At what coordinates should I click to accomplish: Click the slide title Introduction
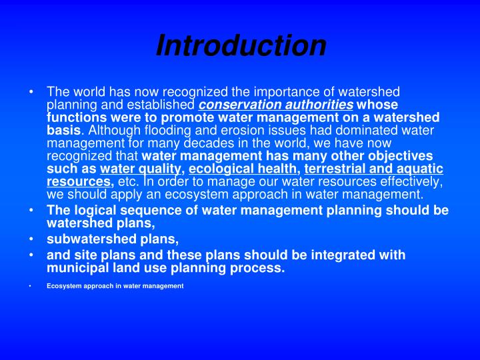tap(241, 45)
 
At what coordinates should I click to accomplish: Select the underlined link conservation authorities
tap(276, 105)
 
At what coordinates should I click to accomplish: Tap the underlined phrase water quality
tap(141, 169)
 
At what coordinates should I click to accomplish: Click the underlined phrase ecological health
tap(244, 169)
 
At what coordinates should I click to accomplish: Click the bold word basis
tap(63, 131)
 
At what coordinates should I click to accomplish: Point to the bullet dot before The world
tap(32, 92)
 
